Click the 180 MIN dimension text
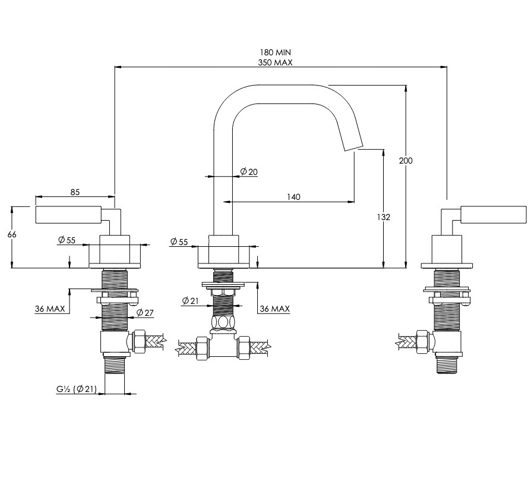[275, 52]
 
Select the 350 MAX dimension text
[275, 62]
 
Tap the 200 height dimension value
[405, 161]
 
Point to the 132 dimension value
[383, 217]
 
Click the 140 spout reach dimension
[293, 197]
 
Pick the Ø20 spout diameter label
[249, 172]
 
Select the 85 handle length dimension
[75, 192]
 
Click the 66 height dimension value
[12, 234]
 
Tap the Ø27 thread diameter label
[145, 312]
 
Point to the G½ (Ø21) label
[76, 389]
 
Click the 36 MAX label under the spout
[274, 309]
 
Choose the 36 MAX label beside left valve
[50, 309]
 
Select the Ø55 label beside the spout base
[179, 242]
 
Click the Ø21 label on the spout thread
[190, 301]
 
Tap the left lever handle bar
[68, 214]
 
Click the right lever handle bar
[494, 214]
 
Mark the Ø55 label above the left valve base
[67, 240]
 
